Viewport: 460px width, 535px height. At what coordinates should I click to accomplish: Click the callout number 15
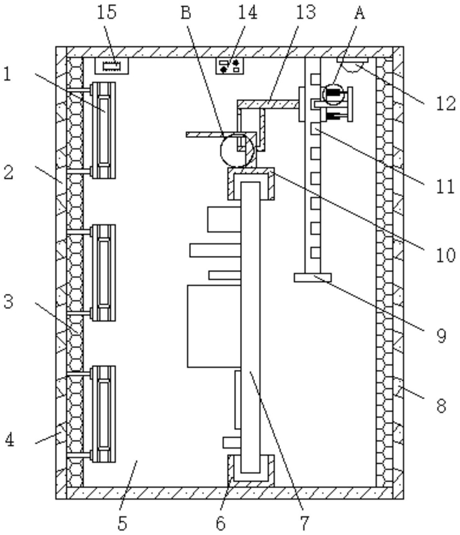coord(107,12)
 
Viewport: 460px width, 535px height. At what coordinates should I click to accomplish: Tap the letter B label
coord(185,13)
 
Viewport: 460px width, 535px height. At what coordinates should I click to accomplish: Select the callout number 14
coord(247,12)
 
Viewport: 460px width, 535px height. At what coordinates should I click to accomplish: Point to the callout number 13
coord(306,12)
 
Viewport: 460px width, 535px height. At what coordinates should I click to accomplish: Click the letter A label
coord(359,13)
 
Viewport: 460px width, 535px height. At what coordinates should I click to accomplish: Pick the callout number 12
coord(446,103)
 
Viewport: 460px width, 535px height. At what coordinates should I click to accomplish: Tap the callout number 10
coord(446,255)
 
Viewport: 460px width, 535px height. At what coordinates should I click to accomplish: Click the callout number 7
coord(305,523)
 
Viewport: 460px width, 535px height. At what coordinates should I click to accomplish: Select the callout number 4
coord(10,440)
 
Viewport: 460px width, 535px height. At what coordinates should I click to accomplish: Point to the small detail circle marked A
coord(334,94)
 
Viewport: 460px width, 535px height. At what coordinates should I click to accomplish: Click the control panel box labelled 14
coord(230,66)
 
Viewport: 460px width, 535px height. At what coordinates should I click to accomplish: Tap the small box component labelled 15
coord(112,66)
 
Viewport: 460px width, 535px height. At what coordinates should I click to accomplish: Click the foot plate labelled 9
coord(312,277)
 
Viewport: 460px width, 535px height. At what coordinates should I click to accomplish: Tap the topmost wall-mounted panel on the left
coord(103,130)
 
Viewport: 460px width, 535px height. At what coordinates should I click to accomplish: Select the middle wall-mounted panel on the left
coord(103,273)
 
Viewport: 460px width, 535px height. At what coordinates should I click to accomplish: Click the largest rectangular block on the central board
coord(214,326)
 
